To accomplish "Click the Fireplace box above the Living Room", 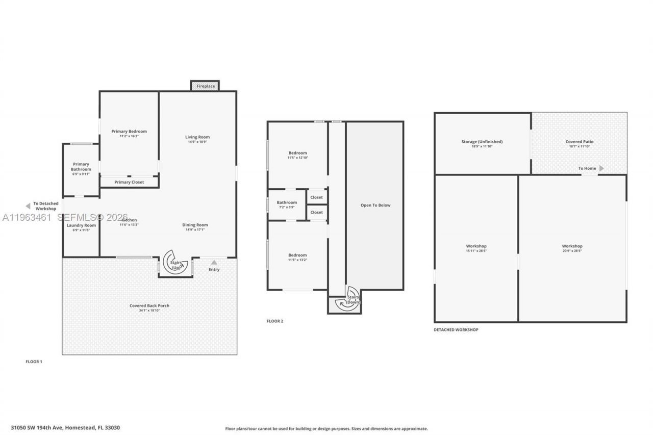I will coord(205,86).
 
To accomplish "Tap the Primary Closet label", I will coord(129,182).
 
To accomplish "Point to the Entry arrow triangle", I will coord(214,263).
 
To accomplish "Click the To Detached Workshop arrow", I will coord(28,206).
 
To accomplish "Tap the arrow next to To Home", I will coord(601,168).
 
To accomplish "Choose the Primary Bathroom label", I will coord(81,167).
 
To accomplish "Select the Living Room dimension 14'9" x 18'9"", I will coord(197,142).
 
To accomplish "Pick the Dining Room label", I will coord(195,225).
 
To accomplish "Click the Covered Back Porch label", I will coord(149,305).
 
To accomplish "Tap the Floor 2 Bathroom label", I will coord(287,202).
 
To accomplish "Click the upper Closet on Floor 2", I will coord(316,197).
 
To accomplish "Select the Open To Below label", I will coord(375,205).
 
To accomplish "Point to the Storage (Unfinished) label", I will coord(482,141).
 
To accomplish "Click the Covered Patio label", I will coord(579,141).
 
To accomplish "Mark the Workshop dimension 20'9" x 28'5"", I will coord(572,251).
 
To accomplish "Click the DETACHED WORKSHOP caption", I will coord(456,330).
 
